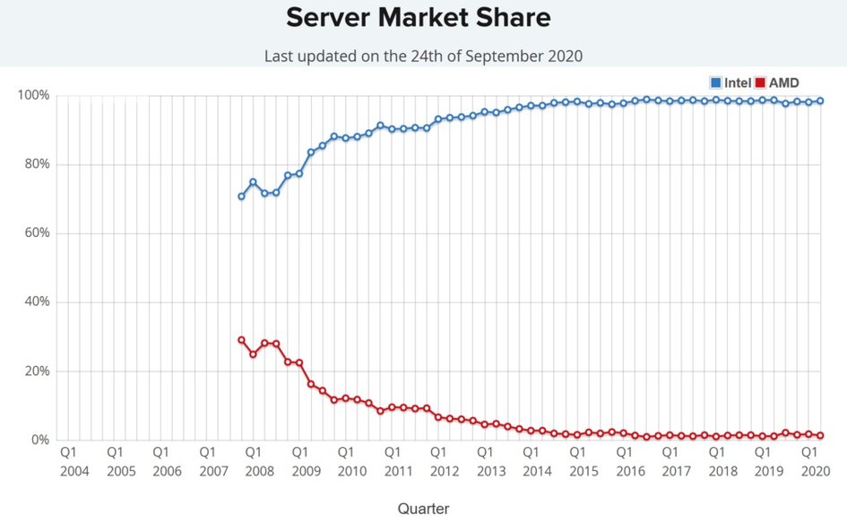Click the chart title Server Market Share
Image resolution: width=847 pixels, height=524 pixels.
pyautogui.click(x=419, y=18)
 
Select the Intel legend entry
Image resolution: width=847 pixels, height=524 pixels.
pyautogui.click(x=730, y=83)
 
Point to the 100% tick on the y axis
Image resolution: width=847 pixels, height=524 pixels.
pyautogui.click(x=33, y=95)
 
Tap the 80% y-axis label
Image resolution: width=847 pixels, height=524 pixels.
pyautogui.click(x=36, y=164)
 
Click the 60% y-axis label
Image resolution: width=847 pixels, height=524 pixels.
pyautogui.click(x=36, y=233)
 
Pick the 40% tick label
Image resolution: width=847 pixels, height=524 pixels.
pyautogui.click(x=36, y=302)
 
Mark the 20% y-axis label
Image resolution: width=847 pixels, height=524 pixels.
pyautogui.click(x=36, y=371)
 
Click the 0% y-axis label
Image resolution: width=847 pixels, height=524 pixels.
pyautogui.click(x=39, y=440)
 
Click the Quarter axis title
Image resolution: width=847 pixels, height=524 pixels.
pyautogui.click(x=423, y=509)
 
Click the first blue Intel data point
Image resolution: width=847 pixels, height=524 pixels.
pyautogui.click(x=241, y=196)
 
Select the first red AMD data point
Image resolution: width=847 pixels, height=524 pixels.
pyautogui.click(x=241, y=340)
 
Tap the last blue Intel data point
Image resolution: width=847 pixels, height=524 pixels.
pyautogui.click(x=820, y=101)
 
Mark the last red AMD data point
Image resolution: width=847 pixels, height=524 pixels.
pyautogui.click(x=820, y=435)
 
